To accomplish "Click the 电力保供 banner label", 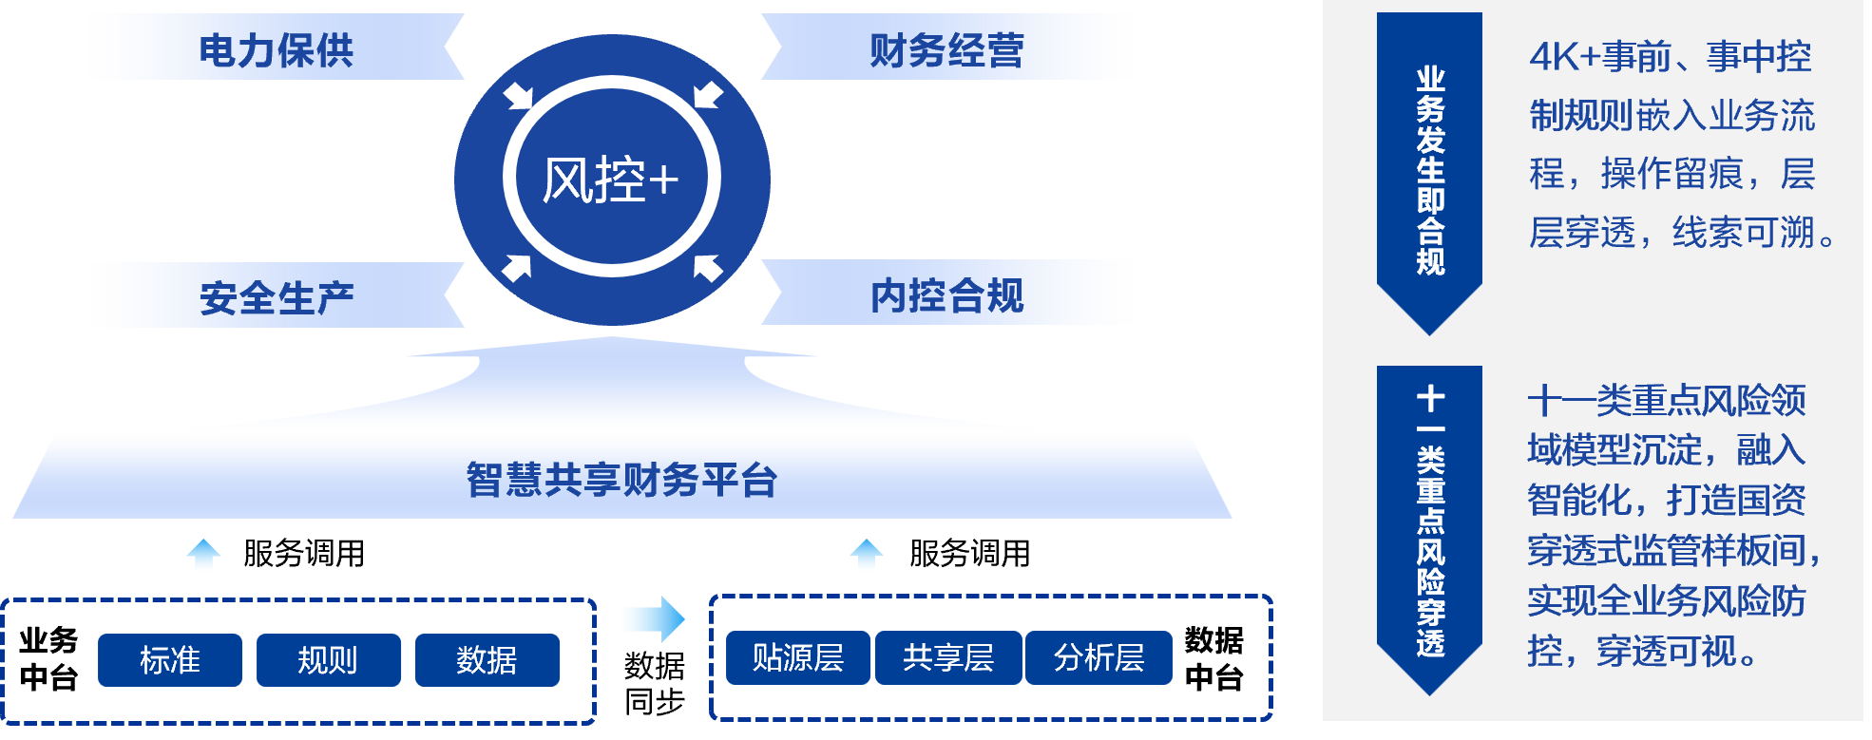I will [276, 49].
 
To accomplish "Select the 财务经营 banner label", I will [946, 49].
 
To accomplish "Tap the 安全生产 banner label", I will [277, 297].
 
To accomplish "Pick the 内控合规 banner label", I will [946, 295].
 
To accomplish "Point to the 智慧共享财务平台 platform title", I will [621, 480].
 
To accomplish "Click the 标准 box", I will [170, 659].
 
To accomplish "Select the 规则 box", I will [328, 659].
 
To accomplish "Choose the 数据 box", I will [487, 659].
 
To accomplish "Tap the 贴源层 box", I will [797, 657].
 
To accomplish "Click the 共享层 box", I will [947, 657].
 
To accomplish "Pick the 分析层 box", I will [1098, 657].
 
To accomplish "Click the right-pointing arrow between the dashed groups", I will [651, 619].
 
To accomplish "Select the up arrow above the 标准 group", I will [203, 556].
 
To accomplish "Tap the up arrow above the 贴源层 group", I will [866, 556].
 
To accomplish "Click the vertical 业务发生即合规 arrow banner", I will [1429, 171].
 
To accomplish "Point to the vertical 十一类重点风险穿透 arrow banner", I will [1429, 522].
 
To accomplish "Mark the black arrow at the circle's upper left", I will [518, 95].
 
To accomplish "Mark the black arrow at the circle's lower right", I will [707, 267].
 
